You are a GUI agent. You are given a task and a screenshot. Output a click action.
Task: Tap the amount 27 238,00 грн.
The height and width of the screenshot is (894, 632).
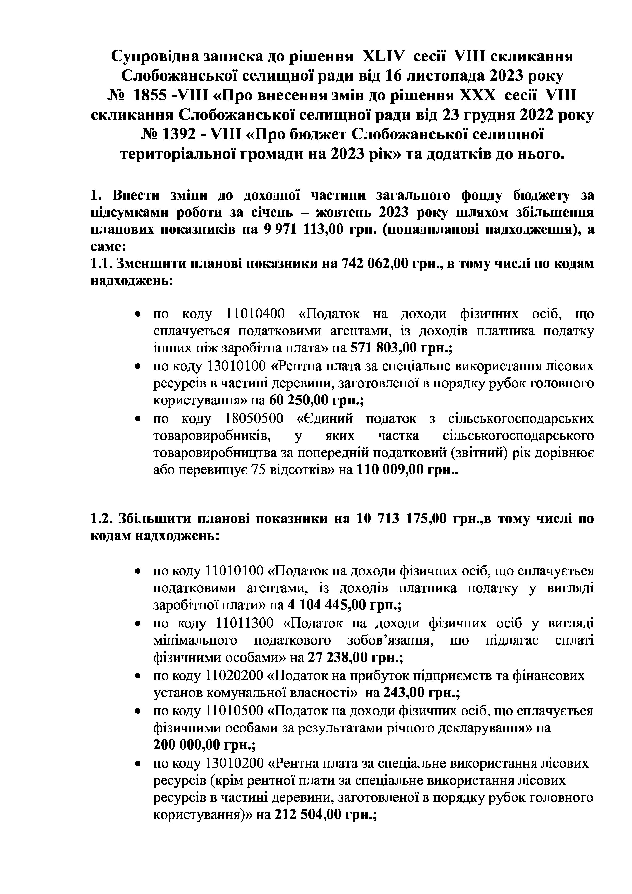pos(355,658)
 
